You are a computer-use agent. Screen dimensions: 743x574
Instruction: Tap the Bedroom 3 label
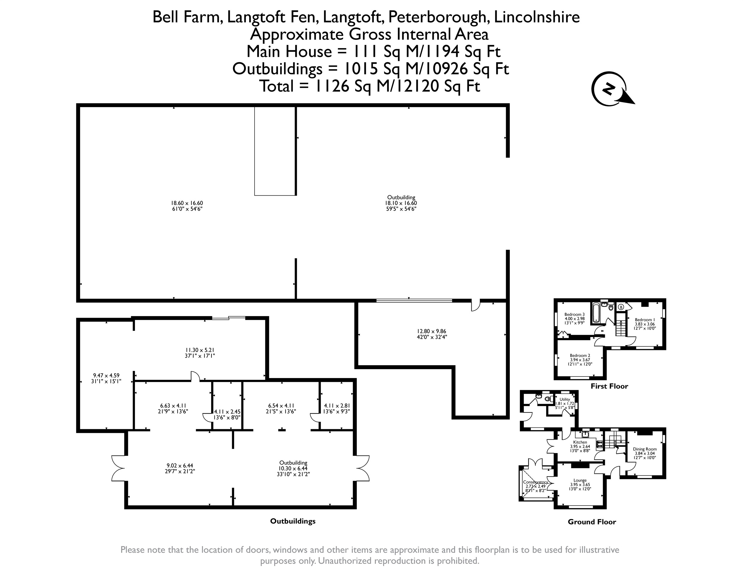(574, 314)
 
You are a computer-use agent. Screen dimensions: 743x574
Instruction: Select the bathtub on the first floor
(596, 312)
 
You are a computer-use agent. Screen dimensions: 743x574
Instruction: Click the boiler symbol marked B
(621, 307)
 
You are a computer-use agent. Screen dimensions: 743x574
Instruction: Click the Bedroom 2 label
(580, 356)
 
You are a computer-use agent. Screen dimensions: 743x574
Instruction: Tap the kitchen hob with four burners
(599, 444)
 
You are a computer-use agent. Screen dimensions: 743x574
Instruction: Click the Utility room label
(565, 399)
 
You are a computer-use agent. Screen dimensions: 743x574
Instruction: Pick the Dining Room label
(645, 449)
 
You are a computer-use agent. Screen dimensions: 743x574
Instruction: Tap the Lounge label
(580, 480)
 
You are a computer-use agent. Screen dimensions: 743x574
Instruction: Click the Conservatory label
(535, 482)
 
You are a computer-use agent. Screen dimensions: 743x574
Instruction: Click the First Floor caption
(609, 386)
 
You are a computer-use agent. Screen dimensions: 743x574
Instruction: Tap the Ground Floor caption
(592, 522)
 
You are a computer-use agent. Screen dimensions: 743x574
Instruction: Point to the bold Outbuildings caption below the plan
(293, 521)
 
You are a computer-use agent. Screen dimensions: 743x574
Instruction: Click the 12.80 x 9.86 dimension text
(432, 331)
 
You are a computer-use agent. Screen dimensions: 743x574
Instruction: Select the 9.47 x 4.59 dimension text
(106, 376)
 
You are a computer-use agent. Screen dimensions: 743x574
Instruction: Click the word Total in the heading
(277, 86)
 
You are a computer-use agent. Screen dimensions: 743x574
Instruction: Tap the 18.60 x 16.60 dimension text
(187, 203)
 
